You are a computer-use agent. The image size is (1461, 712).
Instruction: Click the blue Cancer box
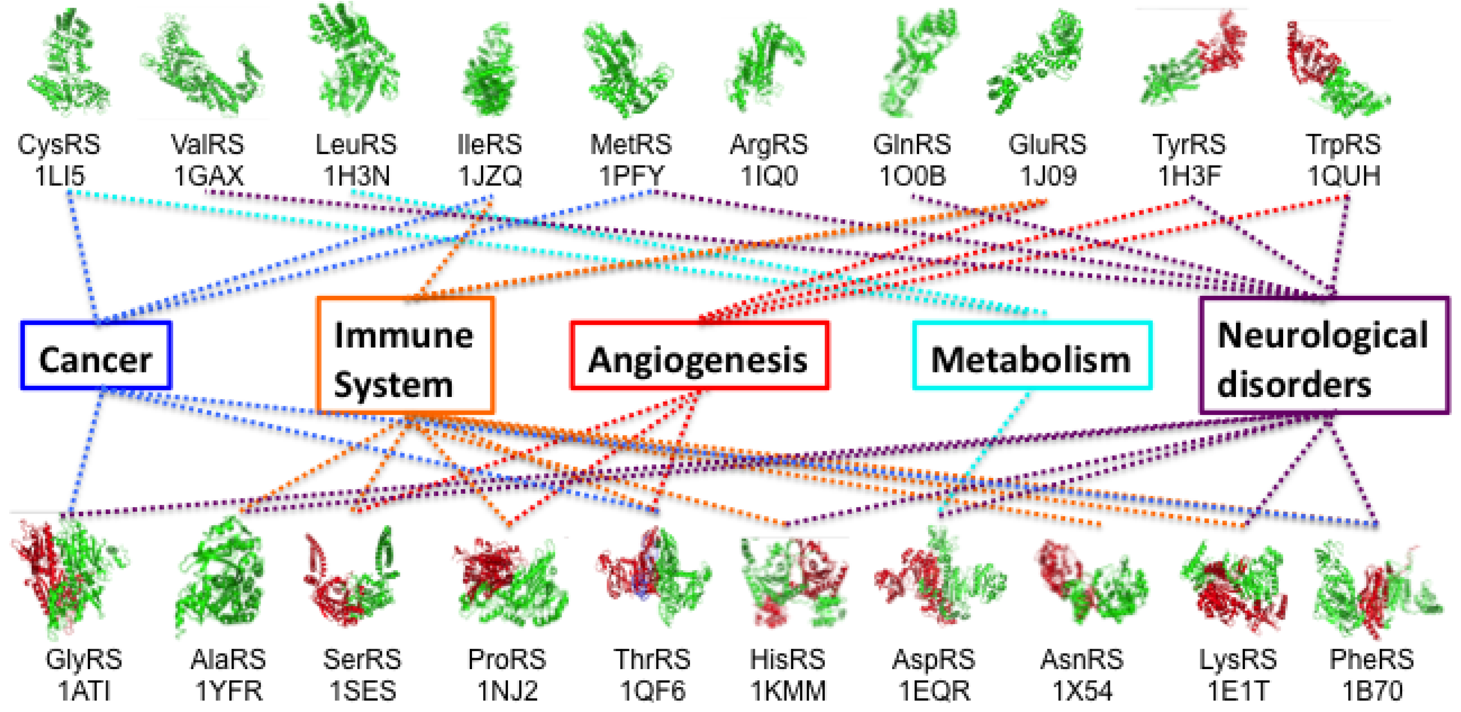coord(96,356)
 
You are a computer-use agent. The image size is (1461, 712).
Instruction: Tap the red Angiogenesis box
coord(699,356)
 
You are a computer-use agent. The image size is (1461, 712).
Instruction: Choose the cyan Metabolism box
coord(1032,356)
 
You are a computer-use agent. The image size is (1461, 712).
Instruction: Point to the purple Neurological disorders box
coord(1324,356)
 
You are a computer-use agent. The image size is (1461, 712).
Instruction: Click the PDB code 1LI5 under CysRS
coord(60,176)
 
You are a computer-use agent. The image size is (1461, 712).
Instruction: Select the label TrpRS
coord(1344,144)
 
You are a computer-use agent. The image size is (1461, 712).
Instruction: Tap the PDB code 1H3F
coord(1189,176)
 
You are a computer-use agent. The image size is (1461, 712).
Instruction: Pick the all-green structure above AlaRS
coord(221,576)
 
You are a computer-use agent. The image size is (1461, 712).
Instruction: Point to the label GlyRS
coord(84,660)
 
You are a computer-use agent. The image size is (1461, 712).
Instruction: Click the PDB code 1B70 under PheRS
coord(1372,691)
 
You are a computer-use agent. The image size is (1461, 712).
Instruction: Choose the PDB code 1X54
coord(1082,691)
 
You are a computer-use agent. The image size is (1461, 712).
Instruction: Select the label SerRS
coord(362,660)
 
